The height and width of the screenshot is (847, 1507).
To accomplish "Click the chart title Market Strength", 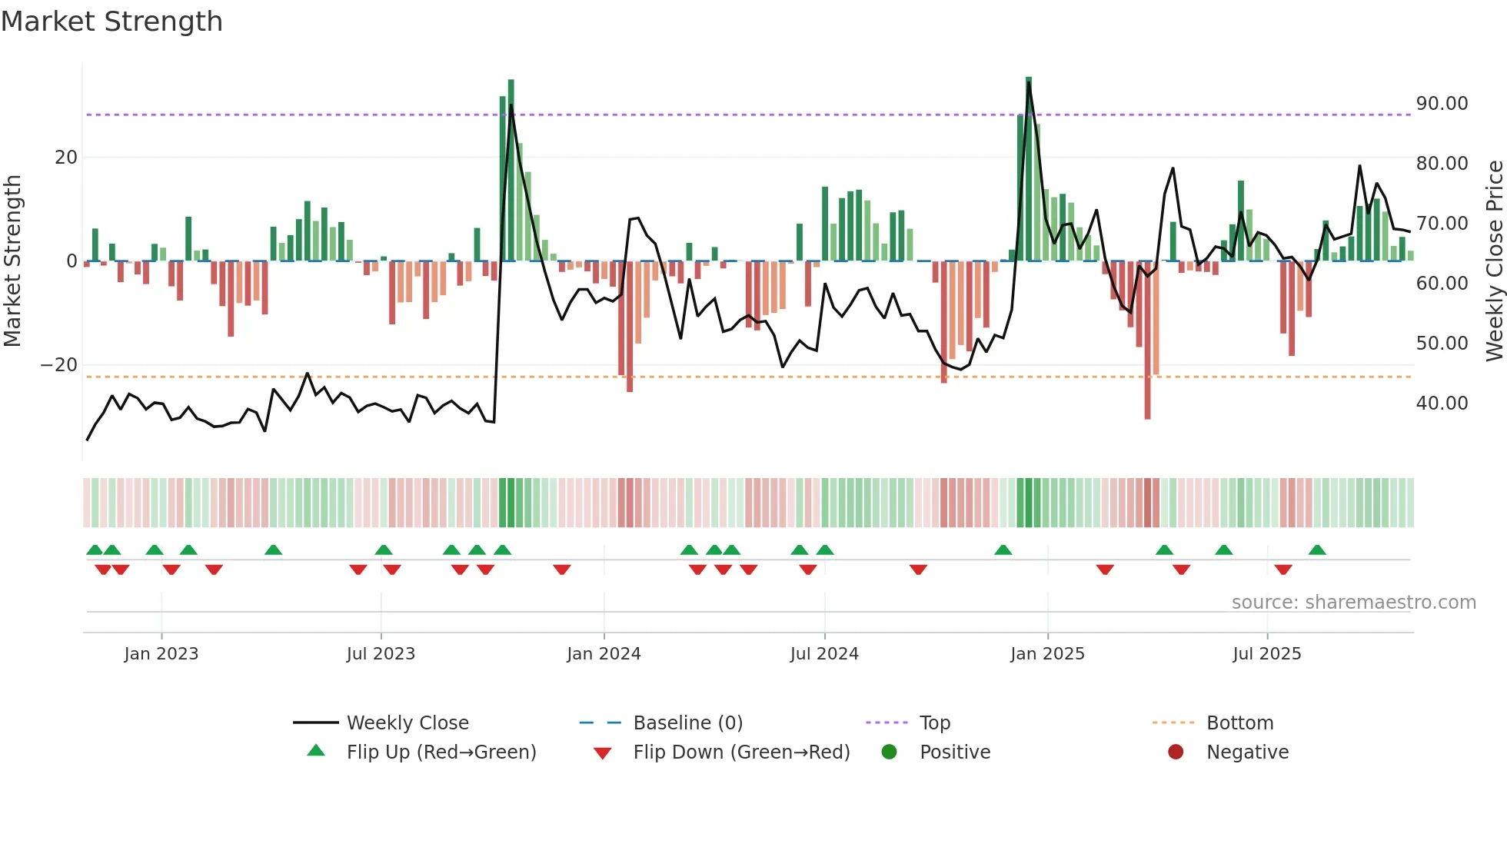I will pos(111,22).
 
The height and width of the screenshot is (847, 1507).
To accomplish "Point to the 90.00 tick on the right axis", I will pos(1442,104).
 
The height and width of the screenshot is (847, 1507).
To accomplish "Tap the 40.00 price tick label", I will pos(1442,404).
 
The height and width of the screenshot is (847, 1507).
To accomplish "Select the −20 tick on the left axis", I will pos(59,365).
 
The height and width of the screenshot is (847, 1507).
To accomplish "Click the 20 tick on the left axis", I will pos(66,158).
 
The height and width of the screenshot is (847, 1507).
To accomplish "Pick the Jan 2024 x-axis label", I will pos(604,654).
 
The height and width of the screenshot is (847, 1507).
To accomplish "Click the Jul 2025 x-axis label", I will pos(1266,654).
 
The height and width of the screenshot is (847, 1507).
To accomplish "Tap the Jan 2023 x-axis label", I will pos(161,654).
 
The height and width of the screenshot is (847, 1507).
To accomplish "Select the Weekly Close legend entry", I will pos(407,723).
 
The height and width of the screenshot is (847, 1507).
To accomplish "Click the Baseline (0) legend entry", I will pos(687,723).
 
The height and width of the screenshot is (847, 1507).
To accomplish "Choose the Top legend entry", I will pos(934,723).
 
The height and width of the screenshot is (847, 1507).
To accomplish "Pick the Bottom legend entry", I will pos(1239,723).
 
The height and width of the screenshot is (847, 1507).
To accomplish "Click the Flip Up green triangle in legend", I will pos(316,751).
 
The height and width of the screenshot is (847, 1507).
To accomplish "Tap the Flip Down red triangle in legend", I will pos(603,753).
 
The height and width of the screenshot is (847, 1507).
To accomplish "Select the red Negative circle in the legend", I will pos(1176,752).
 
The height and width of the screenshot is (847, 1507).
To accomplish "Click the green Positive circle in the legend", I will pos(890,752).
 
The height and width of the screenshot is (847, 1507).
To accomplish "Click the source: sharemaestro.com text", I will pos(1353,603).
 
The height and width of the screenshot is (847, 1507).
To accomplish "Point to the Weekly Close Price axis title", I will pos(1494,261).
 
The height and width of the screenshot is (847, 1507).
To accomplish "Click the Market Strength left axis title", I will pos(13,261).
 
